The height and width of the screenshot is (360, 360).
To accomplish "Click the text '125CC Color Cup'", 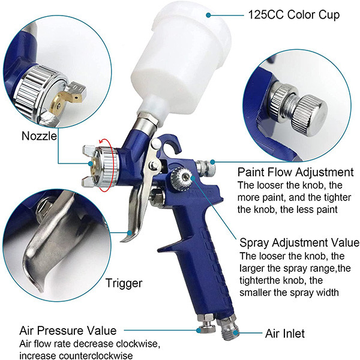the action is [x=294, y=15].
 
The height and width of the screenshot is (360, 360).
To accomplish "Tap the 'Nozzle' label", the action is [x=39, y=136].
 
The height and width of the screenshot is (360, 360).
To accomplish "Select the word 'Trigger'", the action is [x=124, y=283].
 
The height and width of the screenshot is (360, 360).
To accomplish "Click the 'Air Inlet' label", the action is [x=285, y=334].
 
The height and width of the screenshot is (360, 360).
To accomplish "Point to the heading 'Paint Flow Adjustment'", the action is [x=296, y=172].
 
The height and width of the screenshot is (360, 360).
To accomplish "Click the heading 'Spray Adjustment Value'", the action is [x=299, y=242].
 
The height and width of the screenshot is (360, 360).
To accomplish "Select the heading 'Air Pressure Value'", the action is [x=68, y=331].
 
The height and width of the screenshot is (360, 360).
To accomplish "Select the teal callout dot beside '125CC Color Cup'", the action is [x=208, y=15].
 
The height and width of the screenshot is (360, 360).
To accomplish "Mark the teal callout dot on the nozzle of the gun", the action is [x=91, y=163].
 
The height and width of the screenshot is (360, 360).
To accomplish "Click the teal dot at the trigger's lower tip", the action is [x=130, y=233].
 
